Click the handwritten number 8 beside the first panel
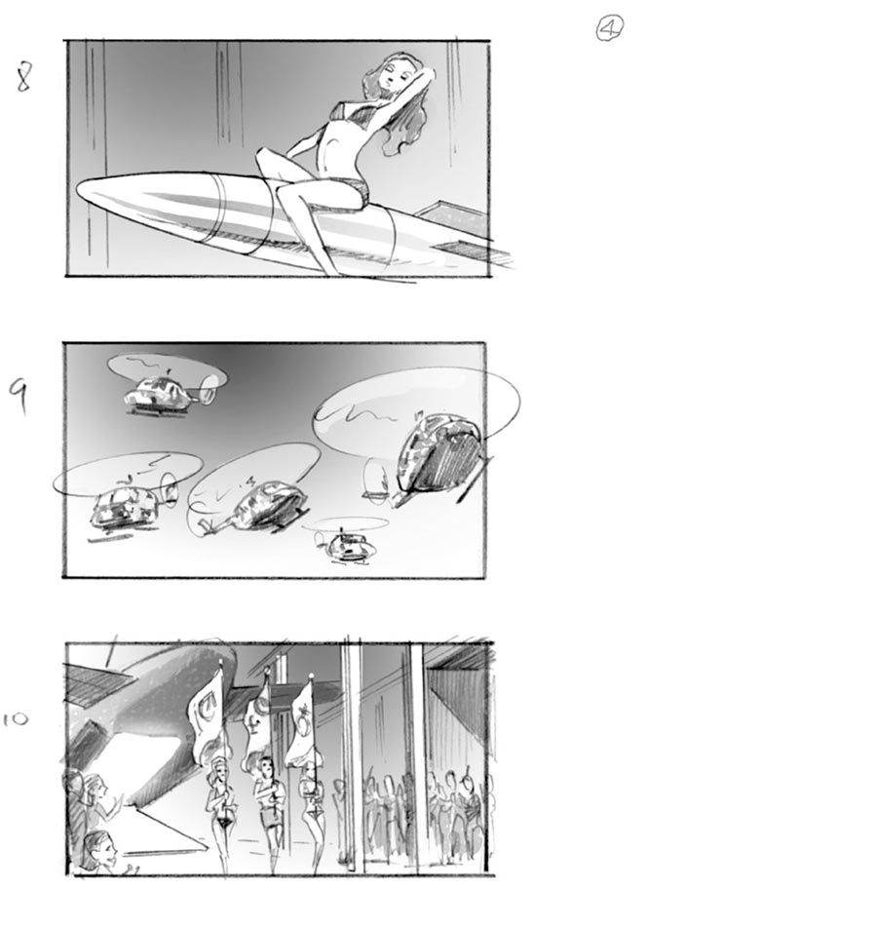23,76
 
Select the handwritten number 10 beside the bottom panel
16,719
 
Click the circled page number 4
610,29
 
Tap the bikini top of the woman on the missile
358,115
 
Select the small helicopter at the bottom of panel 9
348,544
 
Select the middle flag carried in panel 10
257,721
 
